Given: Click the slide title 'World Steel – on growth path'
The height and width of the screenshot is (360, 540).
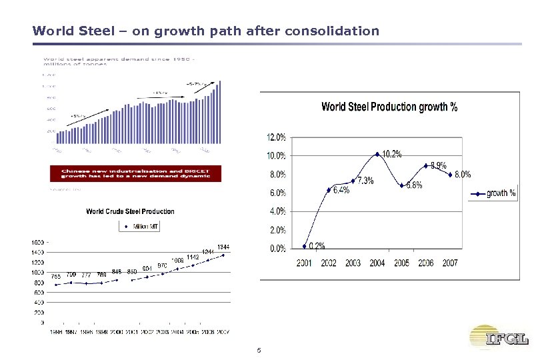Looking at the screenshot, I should pyautogui.click(x=205, y=31).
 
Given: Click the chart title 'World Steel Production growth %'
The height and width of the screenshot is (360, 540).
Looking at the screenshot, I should pyautogui.click(x=389, y=107).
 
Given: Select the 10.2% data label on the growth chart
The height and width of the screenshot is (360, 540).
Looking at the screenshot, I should pyautogui.click(x=392, y=155).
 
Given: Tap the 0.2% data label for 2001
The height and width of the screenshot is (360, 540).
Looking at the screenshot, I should pyautogui.click(x=317, y=246).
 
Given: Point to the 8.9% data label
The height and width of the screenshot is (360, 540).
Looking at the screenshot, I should pyautogui.click(x=438, y=165).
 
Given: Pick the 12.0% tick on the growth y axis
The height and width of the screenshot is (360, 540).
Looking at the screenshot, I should pyautogui.click(x=277, y=137).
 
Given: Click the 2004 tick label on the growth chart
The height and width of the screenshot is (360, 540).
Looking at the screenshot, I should pyautogui.click(x=377, y=263).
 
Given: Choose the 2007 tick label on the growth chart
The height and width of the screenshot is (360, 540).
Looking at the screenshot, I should pyautogui.click(x=450, y=263).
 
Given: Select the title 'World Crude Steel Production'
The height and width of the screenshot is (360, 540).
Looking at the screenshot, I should pyautogui.click(x=131, y=211).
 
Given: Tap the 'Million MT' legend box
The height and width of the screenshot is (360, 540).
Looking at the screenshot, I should pyautogui.click(x=141, y=227).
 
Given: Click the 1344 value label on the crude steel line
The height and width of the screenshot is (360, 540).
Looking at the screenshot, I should pyautogui.click(x=223, y=247).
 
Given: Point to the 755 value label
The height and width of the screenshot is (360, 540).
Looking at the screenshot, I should pyautogui.click(x=57, y=276).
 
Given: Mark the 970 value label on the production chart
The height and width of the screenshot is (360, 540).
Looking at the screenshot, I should pyautogui.click(x=162, y=265).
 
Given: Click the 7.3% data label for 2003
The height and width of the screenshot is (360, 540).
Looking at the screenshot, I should pyautogui.click(x=365, y=181).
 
